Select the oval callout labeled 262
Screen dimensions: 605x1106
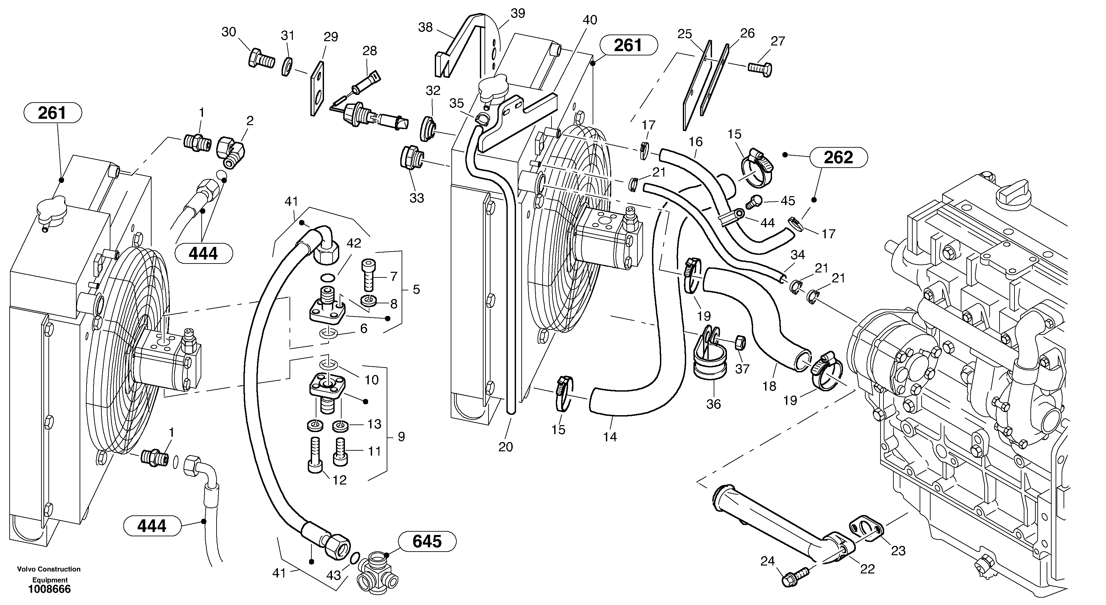tap(838, 157)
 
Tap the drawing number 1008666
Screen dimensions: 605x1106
tap(49, 589)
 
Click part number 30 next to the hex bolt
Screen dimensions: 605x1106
tap(229, 32)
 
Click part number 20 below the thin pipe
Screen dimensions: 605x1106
tap(505, 447)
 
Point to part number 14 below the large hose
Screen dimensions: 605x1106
tap(610, 437)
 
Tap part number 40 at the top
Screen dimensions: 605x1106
tap(590, 20)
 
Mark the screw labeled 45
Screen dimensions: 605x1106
tap(755, 201)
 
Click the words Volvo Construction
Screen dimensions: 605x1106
tap(48, 569)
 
